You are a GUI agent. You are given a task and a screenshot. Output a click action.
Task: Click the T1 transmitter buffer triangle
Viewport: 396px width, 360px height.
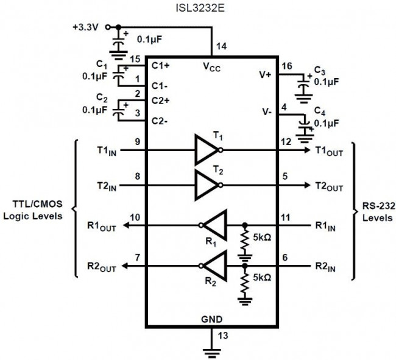(x=206, y=149)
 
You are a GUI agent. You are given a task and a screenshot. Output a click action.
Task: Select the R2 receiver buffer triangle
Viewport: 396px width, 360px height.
(x=214, y=265)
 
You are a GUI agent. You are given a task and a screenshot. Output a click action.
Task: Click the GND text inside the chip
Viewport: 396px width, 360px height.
(x=211, y=319)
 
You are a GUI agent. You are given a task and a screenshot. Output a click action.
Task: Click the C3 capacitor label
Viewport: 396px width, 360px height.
(x=320, y=70)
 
